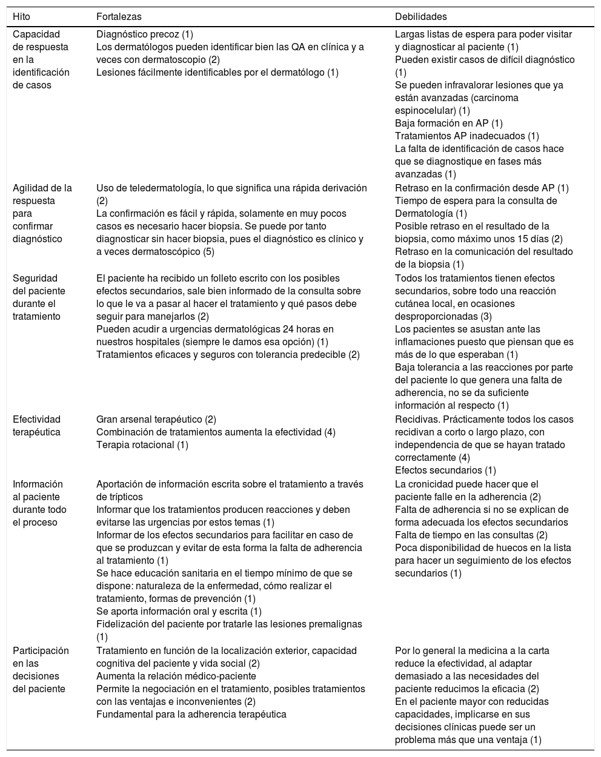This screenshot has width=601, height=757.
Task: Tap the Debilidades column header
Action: click(x=420, y=16)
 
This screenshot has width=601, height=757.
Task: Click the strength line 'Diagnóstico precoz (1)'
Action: click(x=145, y=35)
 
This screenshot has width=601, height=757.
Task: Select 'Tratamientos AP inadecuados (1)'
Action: click(x=467, y=136)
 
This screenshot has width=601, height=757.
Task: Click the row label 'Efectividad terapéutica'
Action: click(x=37, y=426)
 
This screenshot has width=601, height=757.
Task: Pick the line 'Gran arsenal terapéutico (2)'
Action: click(x=156, y=420)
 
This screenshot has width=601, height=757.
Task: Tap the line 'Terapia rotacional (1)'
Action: click(x=142, y=445)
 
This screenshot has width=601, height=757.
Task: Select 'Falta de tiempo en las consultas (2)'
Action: click(x=471, y=535)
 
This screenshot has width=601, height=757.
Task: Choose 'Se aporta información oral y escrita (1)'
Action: click(x=179, y=612)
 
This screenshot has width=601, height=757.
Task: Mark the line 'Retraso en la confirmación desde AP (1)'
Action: click(x=482, y=188)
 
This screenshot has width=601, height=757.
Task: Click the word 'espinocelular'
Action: click(x=423, y=111)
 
